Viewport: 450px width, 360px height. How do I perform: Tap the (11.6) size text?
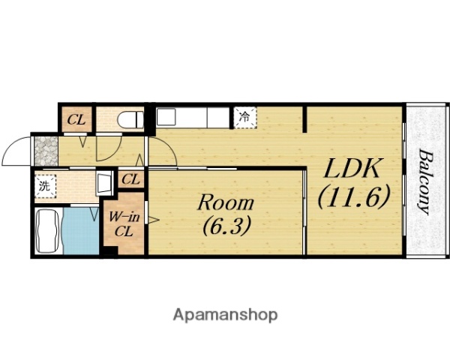click(353, 197)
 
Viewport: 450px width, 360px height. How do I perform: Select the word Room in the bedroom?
click(226, 202)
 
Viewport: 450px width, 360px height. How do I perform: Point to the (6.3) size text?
click(226, 225)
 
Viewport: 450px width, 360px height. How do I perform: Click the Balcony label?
click(425, 181)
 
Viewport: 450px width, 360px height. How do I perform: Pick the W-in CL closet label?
click(124, 224)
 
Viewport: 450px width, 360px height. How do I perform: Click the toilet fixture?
click(130, 119)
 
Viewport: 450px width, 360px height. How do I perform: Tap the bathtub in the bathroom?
click(48, 231)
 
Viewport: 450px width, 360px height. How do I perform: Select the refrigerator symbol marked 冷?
click(244, 118)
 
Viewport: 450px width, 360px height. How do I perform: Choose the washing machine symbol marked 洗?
click(45, 186)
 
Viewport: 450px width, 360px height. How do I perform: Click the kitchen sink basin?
click(166, 116)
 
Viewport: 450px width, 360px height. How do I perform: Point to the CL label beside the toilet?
click(76, 120)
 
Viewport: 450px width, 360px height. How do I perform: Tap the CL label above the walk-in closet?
click(130, 180)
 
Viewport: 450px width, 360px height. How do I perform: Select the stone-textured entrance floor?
click(46, 151)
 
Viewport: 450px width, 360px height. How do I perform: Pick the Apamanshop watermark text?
click(225, 315)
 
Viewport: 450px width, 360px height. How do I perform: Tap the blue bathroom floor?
click(81, 231)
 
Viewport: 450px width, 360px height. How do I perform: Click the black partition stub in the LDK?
click(305, 119)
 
